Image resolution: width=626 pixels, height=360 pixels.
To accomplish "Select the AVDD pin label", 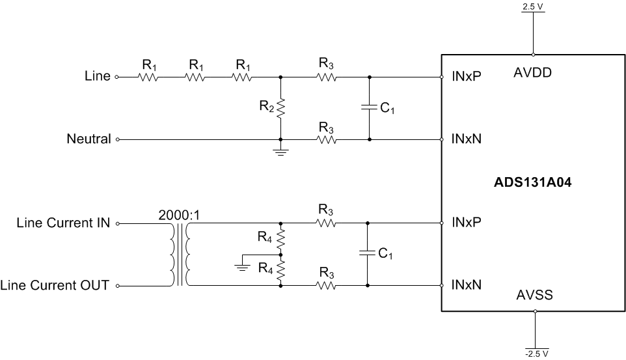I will (532, 73).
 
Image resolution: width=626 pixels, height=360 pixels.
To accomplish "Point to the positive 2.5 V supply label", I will (534, 7).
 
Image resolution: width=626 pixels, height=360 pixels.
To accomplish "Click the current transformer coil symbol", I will (180, 255).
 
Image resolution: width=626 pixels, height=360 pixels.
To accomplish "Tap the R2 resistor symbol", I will (280, 108).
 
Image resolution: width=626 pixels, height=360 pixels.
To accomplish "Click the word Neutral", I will (88, 139).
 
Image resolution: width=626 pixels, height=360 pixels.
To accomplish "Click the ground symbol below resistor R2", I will (280, 152).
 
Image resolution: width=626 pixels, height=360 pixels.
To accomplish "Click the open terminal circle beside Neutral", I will (117, 139).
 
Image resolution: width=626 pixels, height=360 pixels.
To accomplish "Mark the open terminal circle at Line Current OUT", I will (117, 285).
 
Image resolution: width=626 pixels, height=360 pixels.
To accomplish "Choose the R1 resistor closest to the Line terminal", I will (148, 77).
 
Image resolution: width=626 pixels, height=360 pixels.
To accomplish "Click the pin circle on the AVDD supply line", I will (534, 55).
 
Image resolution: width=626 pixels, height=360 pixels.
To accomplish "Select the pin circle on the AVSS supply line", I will (534, 311).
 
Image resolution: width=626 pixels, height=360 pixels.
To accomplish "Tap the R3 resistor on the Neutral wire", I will (325, 139).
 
